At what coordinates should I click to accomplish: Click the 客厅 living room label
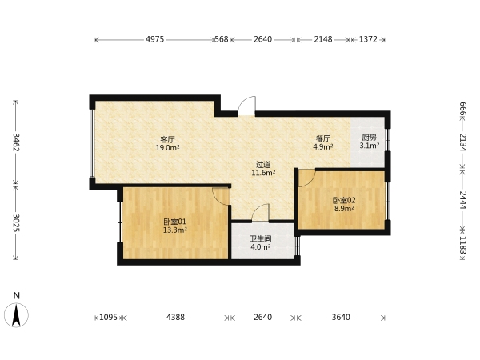pyautogui.click(x=167, y=139)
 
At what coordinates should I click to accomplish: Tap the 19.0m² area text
pyautogui.click(x=167, y=148)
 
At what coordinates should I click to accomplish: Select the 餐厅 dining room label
pyautogui.click(x=323, y=138)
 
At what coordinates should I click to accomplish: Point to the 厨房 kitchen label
pyautogui.click(x=369, y=138)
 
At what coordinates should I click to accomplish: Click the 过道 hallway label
pyautogui.click(x=263, y=165)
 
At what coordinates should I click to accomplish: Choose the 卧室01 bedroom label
pyautogui.click(x=174, y=222)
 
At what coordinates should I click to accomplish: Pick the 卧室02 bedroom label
pyautogui.click(x=344, y=201)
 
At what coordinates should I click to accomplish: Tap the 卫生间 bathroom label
pyautogui.click(x=261, y=238)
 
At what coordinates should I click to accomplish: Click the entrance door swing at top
pyautogui.click(x=246, y=106)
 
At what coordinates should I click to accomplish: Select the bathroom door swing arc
pyautogui.click(x=260, y=212)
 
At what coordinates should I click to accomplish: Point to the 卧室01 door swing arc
pyautogui.click(x=221, y=197)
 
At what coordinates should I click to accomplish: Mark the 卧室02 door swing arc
pyautogui.click(x=306, y=178)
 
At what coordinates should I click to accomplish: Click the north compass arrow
pyautogui.click(x=16, y=315)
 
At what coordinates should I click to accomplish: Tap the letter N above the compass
pyautogui.click(x=17, y=295)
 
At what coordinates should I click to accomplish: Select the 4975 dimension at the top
pyautogui.click(x=155, y=39)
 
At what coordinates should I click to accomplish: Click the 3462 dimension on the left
pyautogui.click(x=16, y=142)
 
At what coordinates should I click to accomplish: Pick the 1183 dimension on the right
pyautogui.click(x=463, y=246)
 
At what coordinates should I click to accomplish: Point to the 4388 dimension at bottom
pyautogui.click(x=175, y=317)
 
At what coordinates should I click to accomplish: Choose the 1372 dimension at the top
pyautogui.click(x=368, y=39)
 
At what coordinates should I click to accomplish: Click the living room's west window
pyautogui.click(x=91, y=143)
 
